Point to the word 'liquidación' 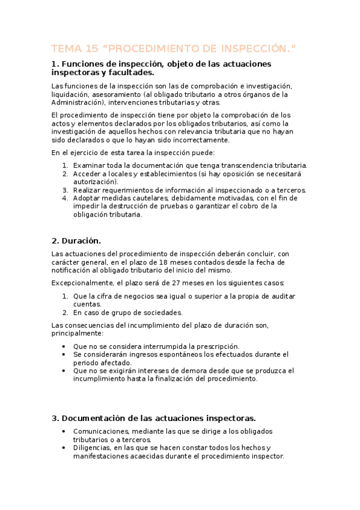click(72, 94)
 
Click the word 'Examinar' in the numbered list click(90, 165)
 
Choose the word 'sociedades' click(160, 313)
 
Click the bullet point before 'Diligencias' click(64, 448)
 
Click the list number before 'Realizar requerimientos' click(65, 189)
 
